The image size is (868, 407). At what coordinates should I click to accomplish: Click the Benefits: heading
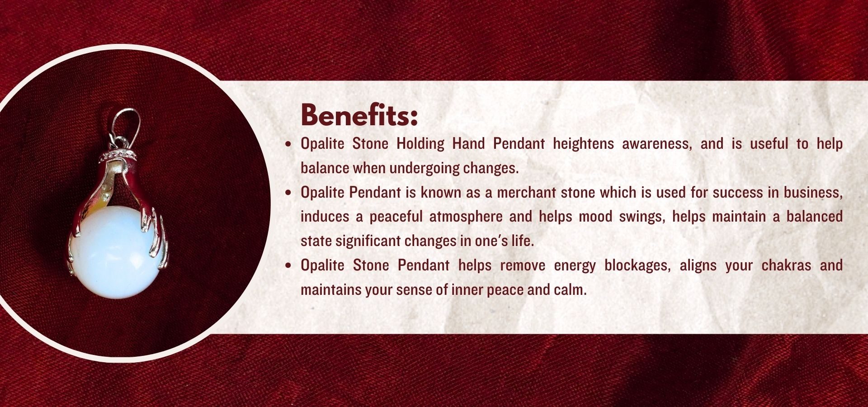point(359,115)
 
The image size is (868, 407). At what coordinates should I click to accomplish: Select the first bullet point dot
point(288,145)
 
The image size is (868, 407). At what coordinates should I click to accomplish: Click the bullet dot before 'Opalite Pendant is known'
point(288,193)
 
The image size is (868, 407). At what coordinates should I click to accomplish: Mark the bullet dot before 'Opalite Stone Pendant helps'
point(288,266)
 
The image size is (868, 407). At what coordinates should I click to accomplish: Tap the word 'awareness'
point(656,144)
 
